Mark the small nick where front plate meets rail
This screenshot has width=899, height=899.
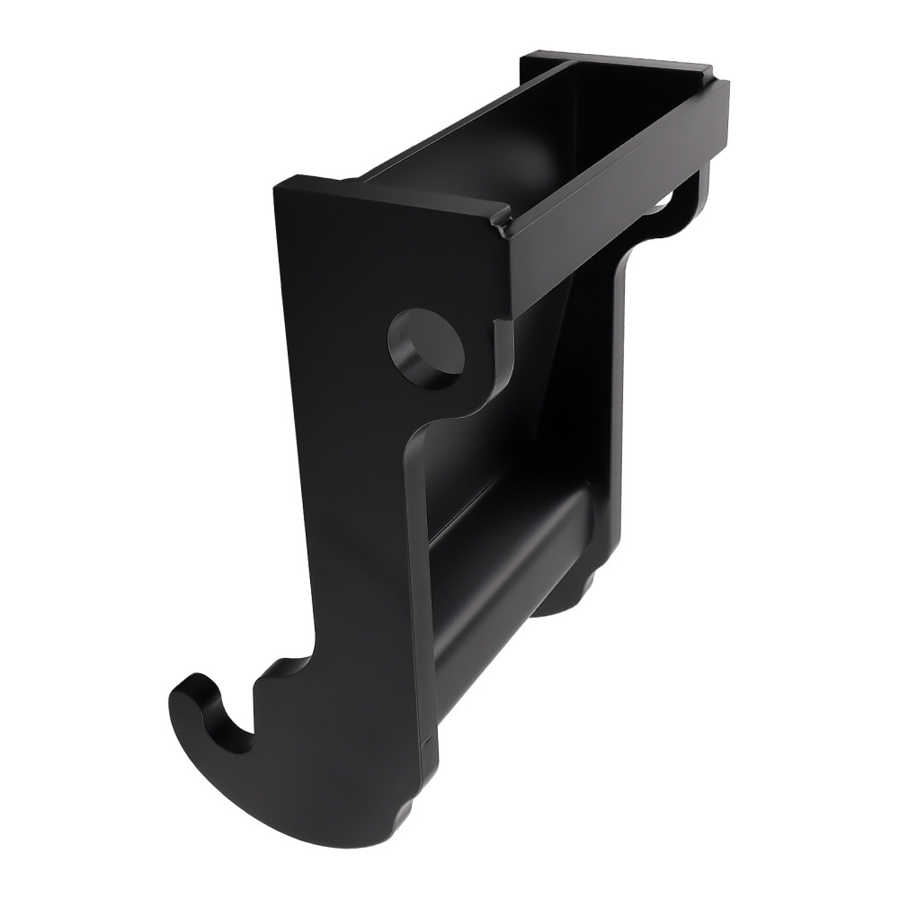(497, 220)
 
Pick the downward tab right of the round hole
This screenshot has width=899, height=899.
(494, 360)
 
